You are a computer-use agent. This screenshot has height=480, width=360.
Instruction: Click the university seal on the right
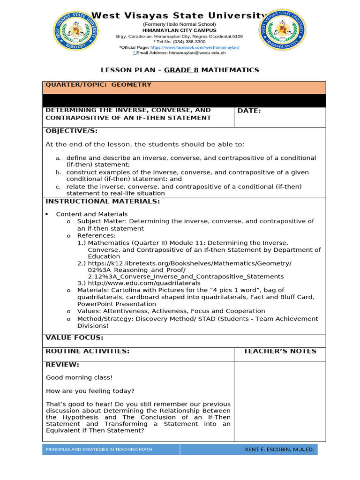click(283, 30)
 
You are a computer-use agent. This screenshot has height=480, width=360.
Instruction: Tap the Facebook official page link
click(195, 47)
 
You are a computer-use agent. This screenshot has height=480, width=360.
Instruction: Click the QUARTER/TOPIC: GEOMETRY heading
click(98, 85)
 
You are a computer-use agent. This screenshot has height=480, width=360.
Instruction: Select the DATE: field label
click(249, 111)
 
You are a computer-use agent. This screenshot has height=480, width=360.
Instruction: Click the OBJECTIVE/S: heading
click(71, 131)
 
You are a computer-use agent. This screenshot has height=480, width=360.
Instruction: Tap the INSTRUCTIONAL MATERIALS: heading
click(102, 202)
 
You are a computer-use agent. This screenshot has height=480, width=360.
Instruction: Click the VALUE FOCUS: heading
click(74, 337)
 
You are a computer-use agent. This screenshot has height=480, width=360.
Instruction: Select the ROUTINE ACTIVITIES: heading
click(87, 351)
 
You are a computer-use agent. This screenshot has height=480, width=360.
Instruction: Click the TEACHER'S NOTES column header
click(280, 351)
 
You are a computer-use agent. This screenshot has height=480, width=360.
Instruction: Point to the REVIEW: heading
click(62, 365)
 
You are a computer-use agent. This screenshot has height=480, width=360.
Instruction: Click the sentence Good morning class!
click(79, 377)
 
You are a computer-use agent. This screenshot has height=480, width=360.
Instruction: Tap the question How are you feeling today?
click(90, 391)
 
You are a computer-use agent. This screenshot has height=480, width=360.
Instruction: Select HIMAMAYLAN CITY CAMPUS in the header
click(180, 30)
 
